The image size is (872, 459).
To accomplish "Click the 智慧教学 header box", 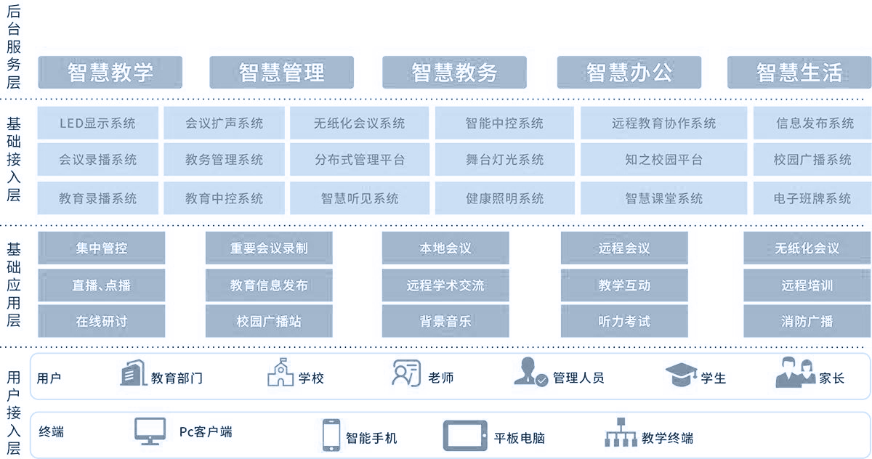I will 110,73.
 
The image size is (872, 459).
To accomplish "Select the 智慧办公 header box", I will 629,73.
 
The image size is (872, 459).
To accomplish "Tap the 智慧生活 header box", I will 799,73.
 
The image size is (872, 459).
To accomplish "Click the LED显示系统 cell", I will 97,123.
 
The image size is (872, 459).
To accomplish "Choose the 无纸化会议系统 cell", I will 360,123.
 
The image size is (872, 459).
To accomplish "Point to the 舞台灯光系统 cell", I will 504,160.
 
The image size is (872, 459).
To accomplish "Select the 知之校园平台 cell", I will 663,160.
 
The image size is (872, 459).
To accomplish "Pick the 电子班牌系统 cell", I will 812,198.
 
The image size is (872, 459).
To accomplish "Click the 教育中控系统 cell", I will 224,198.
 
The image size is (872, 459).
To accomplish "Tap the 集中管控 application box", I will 102,248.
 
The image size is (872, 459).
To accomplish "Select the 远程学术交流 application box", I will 445,285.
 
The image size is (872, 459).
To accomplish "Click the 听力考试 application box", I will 624,321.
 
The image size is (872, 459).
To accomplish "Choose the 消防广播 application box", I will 807,321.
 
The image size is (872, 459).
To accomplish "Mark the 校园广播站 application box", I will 269,321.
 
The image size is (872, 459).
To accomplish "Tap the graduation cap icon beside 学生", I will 681,375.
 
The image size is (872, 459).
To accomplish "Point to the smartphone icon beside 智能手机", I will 331,435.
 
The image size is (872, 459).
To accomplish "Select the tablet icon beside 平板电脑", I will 465,436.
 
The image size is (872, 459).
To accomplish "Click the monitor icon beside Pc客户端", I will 150,431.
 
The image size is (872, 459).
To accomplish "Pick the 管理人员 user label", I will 578,378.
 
